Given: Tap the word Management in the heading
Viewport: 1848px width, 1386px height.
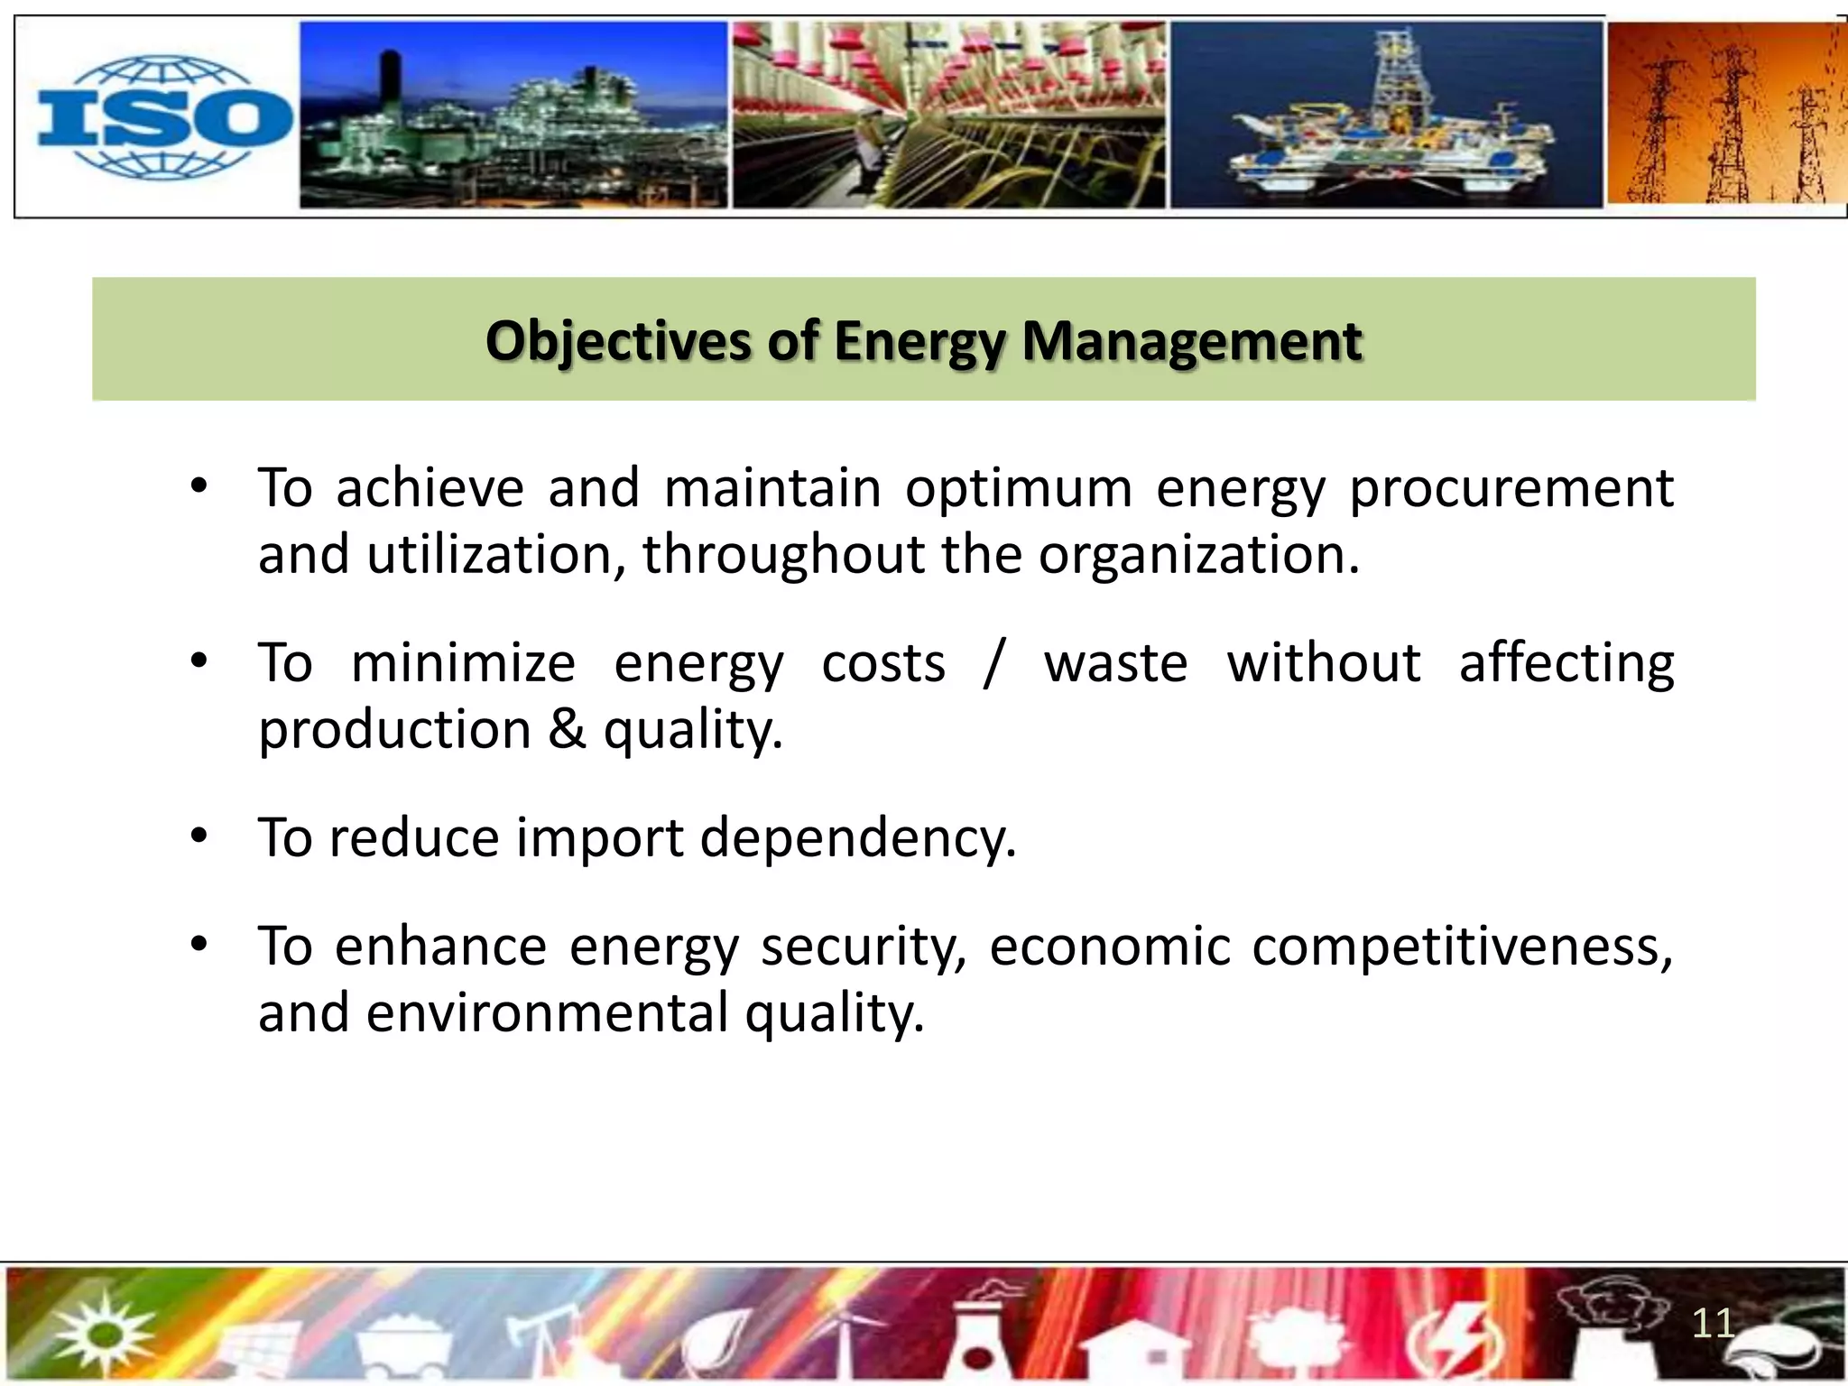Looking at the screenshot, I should [x=1191, y=342].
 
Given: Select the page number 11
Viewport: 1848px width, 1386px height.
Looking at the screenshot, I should [x=1712, y=1324].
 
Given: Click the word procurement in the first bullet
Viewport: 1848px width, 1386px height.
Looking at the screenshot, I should [x=1511, y=488].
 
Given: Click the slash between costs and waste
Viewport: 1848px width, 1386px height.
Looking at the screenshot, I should [x=993, y=663].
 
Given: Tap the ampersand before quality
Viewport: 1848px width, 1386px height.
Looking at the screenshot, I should [x=567, y=729].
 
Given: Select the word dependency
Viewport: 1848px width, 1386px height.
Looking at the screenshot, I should [x=857, y=837].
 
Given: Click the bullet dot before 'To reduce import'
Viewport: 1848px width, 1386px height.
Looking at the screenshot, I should [x=199, y=836].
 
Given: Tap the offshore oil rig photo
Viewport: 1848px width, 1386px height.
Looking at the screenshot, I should [x=1386, y=115].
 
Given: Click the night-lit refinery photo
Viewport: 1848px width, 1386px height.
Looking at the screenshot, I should [x=513, y=115].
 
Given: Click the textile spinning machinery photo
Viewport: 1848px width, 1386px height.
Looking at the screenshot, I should [x=947, y=115].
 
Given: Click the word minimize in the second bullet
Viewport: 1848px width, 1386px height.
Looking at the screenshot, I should [x=463, y=663].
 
